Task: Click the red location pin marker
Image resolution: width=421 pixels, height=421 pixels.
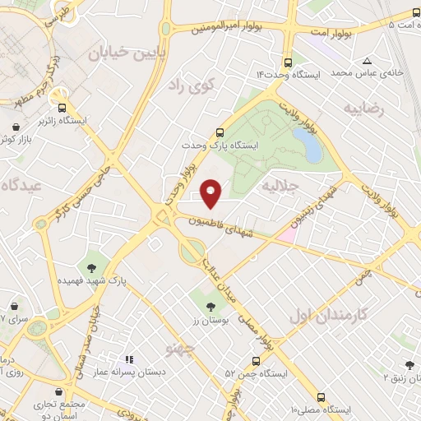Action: point(211,192)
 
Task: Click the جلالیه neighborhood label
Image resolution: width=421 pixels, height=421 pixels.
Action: point(278,187)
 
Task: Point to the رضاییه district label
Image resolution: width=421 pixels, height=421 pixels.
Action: point(363,108)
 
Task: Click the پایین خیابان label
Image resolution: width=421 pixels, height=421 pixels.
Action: point(128,53)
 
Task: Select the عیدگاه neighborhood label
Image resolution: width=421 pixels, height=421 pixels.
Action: point(22,184)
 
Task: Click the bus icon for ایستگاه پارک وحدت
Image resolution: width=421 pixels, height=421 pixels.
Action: point(220,132)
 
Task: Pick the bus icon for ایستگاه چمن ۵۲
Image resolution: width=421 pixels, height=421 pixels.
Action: point(257,360)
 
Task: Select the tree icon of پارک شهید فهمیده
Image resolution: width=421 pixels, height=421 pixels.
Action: point(91,267)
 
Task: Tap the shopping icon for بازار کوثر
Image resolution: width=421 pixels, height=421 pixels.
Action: point(17,127)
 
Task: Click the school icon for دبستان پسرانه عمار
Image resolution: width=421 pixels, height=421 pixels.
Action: point(128,359)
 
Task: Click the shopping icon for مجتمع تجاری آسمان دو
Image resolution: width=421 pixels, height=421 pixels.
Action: point(58,393)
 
